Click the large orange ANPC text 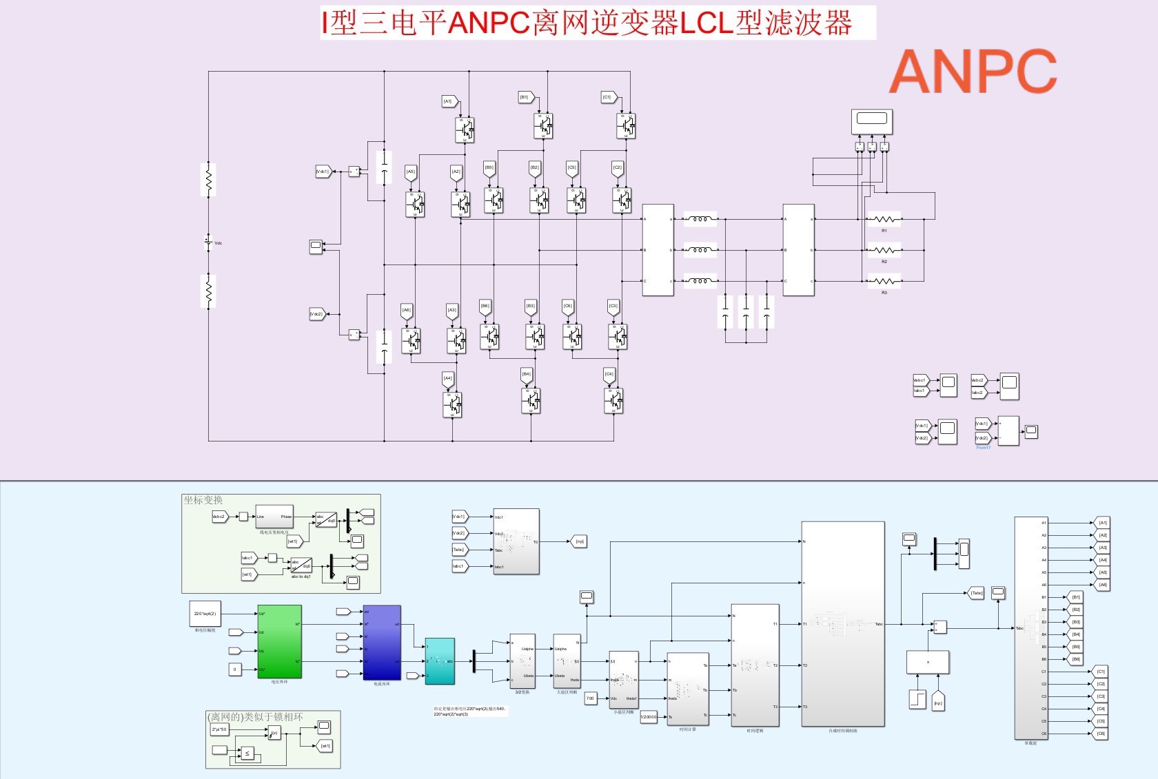point(973,72)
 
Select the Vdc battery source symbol point(208,242)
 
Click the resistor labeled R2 point(884,251)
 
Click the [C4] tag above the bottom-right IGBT point(609,375)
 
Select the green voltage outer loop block point(279,641)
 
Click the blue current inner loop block point(382,643)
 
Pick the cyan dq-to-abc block point(440,661)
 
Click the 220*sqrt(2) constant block point(205,613)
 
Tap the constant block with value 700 point(590,698)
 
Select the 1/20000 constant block point(648,717)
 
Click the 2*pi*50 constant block point(219,729)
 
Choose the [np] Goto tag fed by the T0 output point(579,542)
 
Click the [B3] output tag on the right point(1076,622)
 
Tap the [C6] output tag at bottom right point(1101,734)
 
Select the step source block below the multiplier point(917,699)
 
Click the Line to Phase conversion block point(274,517)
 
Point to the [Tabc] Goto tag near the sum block point(976,593)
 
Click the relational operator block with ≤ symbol point(247,754)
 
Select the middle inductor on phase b point(700,250)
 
